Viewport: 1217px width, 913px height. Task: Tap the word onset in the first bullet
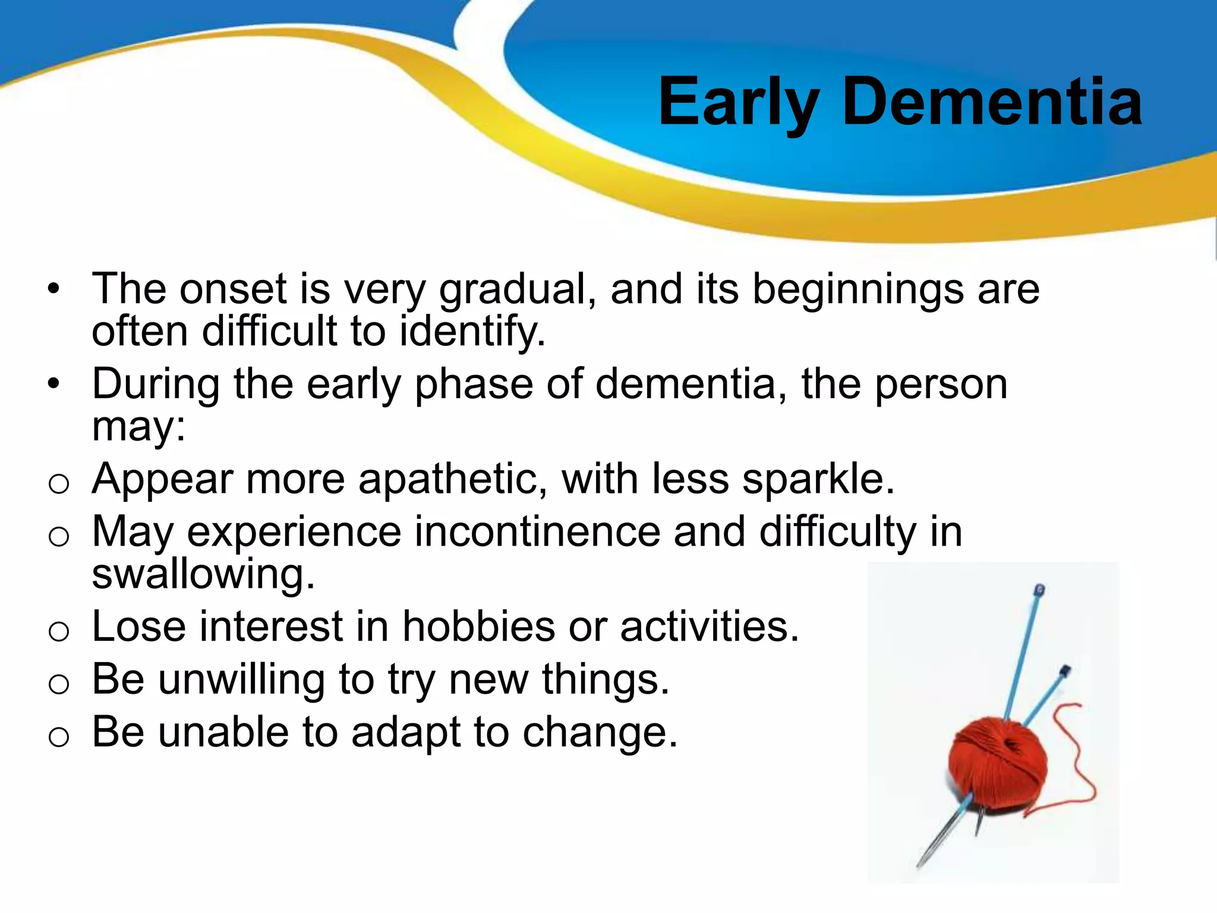[234, 289]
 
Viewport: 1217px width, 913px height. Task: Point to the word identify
[471, 331]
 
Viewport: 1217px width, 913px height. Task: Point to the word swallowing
[202, 574]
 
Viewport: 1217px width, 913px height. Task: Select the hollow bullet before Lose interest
[59, 631]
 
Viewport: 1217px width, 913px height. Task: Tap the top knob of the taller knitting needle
[1039, 590]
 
